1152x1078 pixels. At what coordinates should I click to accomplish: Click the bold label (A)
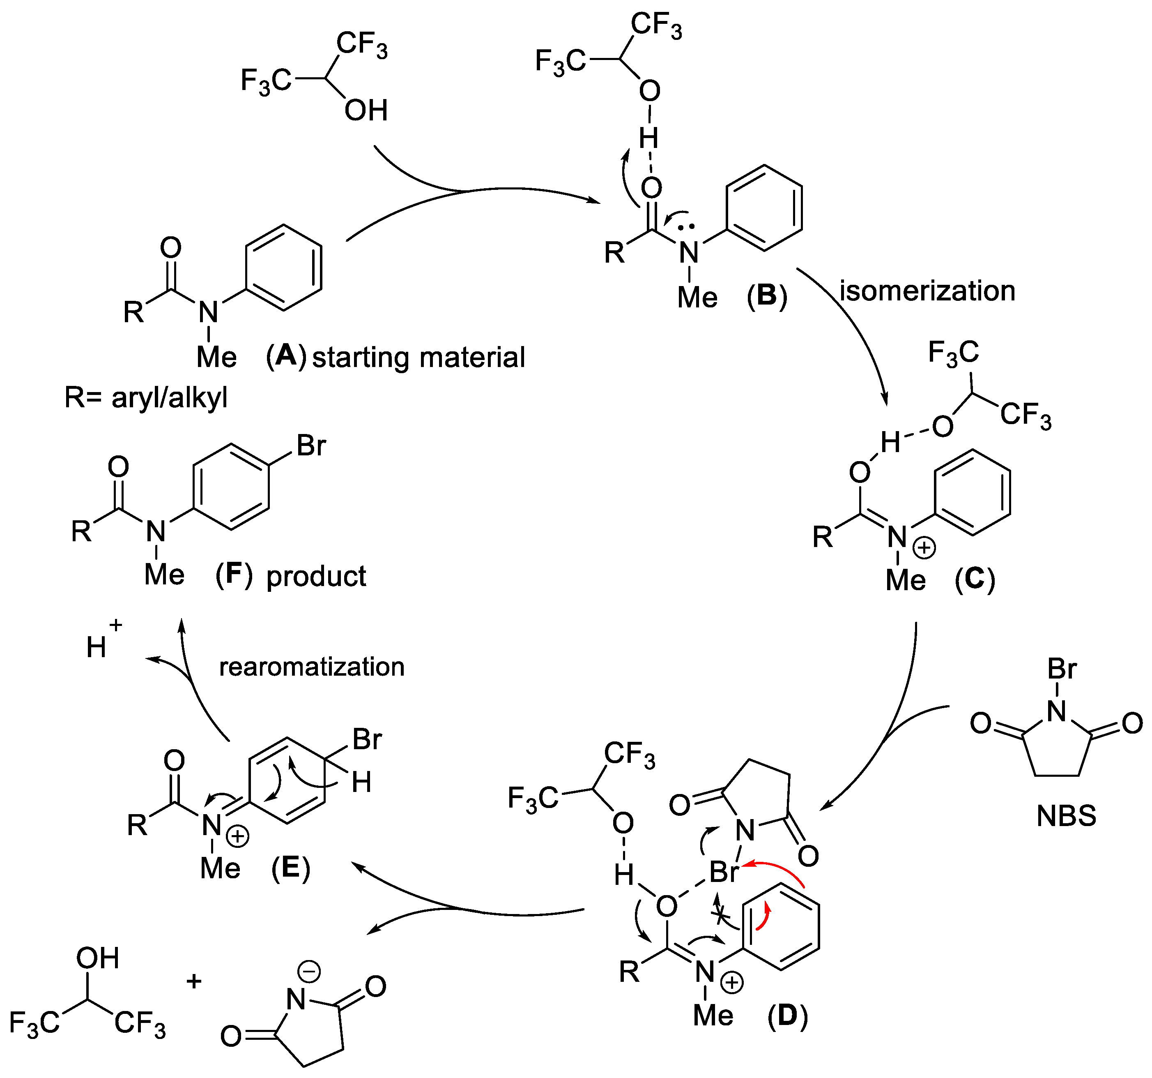pos(286,355)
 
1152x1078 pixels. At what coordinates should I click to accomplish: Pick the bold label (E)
pos(291,868)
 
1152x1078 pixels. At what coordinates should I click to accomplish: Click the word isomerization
pos(927,291)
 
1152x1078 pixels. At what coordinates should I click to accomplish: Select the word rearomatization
pos(312,667)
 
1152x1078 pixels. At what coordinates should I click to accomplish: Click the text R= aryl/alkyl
pos(146,398)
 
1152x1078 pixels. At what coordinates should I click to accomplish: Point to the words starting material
pos(418,357)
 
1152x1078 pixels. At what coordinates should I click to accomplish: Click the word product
pos(316,577)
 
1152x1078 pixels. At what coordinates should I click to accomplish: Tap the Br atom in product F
pos(311,446)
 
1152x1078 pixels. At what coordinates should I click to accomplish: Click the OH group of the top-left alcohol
pos(366,110)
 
